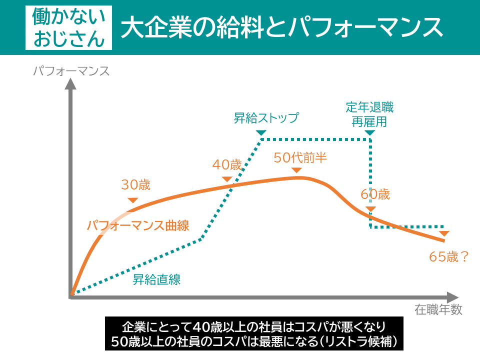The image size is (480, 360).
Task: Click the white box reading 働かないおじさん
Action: click(69, 28)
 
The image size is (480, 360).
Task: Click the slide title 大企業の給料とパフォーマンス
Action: click(281, 28)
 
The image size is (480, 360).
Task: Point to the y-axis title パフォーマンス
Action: click(71, 71)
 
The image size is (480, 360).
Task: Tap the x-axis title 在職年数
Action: click(438, 310)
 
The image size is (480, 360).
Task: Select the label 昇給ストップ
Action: click(266, 118)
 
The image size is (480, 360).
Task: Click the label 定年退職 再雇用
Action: click(369, 114)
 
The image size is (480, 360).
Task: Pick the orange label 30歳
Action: click(135, 185)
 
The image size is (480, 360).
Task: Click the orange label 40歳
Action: click(227, 164)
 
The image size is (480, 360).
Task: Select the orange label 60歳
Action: click(375, 194)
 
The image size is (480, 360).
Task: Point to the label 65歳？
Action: click(449, 256)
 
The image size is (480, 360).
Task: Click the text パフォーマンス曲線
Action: click(138, 225)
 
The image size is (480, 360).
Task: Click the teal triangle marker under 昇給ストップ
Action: click(261, 132)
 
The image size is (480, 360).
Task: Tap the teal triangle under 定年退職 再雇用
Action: click(369, 132)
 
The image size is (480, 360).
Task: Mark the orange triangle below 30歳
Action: click(132, 200)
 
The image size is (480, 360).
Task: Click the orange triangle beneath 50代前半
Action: click(296, 170)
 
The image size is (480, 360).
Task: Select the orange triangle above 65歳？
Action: click(444, 233)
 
